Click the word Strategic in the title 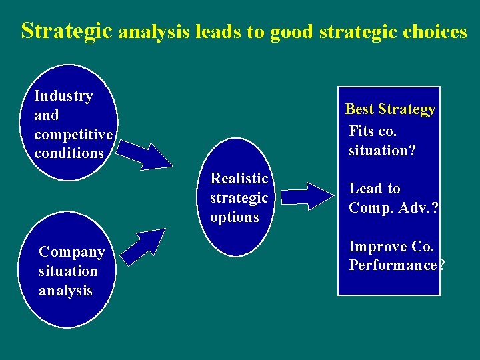pos(67,31)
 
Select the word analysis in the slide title pos(155,32)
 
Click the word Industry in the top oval pos(63,96)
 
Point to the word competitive pos(74,134)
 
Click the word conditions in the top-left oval pos(69,153)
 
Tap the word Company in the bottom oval pos(72,252)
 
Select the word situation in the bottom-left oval pos(68,271)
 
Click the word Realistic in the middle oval pos(239,179)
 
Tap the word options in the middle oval pos(234,217)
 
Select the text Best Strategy pos(390,109)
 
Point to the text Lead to pos(375,189)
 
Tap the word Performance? pos(396,265)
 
